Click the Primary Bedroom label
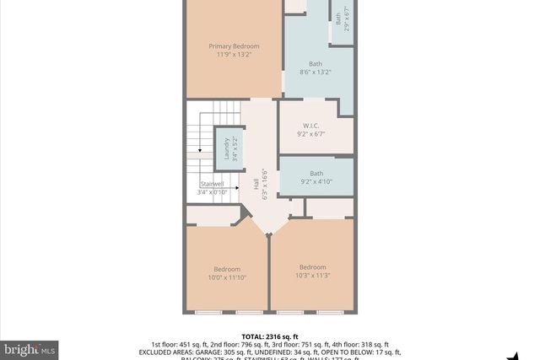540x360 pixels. tap(234, 46)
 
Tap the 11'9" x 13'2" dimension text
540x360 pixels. tap(234, 54)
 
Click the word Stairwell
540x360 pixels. tap(212, 184)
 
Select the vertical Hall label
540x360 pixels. tap(256, 184)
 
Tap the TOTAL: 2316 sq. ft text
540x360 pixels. tap(269, 335)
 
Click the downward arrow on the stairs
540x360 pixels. tap(199, 148)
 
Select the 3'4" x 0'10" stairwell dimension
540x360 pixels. tap(212, 192)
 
